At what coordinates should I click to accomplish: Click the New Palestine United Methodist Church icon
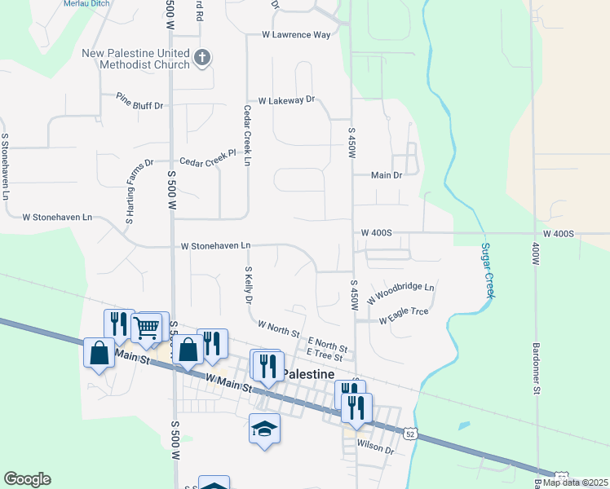click(202, 58)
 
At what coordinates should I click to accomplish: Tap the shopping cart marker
click(148, 328)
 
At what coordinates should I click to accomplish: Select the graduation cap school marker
click(264, 429)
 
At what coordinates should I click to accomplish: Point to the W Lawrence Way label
click(296, 35)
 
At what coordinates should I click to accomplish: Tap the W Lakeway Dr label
click(286, 100)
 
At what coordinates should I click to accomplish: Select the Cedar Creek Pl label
click(207, 162)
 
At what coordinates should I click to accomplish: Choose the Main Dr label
click(387, 175)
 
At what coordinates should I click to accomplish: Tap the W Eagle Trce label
click(404, 315)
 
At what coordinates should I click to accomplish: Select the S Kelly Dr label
click(248, 284)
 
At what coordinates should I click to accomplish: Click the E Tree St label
click(325, 354)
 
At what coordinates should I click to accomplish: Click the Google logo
click(27, 479)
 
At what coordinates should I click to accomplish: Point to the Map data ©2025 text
click(575, 482)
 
